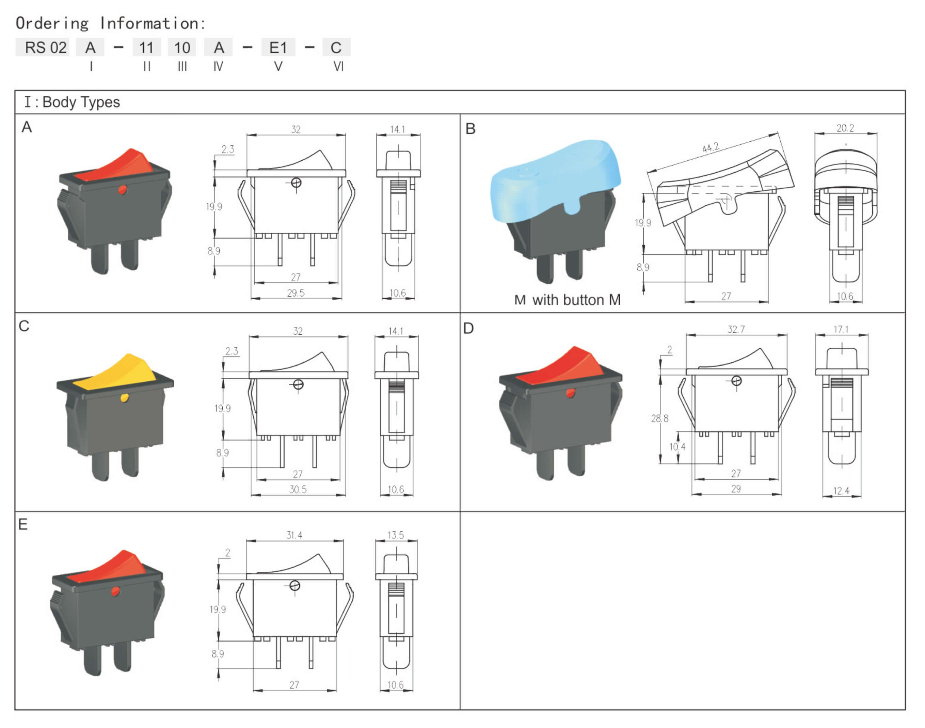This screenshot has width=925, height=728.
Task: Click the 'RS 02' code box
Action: (x=42, y=47)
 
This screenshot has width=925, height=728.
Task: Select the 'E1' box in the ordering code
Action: (x=278, y=47)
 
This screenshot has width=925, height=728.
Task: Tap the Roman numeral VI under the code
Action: (x=338, y=66)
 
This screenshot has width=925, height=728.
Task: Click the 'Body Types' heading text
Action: (x=81, y=102)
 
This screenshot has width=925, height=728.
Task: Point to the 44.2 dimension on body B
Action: (x=710, y=147)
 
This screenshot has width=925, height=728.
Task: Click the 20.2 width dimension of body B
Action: (x=845, y=128)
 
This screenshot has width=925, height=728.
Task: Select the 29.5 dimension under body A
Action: (x=296, y=293)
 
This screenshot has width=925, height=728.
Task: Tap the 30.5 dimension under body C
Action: (x=298, y=489)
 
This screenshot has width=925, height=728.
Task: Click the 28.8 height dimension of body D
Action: (x=659, y=418)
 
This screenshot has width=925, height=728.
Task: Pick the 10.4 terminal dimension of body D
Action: (x=677, y=447)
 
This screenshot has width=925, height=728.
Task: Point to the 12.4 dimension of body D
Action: (x=841, y=491)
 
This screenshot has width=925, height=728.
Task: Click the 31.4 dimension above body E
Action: (x=294, y=535)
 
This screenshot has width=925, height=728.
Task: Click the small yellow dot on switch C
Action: (x=124, y=398)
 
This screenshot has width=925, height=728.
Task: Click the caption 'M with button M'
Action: (x=567, y=300)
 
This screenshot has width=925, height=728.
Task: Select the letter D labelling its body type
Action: (x=468, y=328)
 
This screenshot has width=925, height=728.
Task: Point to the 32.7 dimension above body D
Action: (x=736, y=330)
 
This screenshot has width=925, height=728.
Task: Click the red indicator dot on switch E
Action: (x=115, y=591)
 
